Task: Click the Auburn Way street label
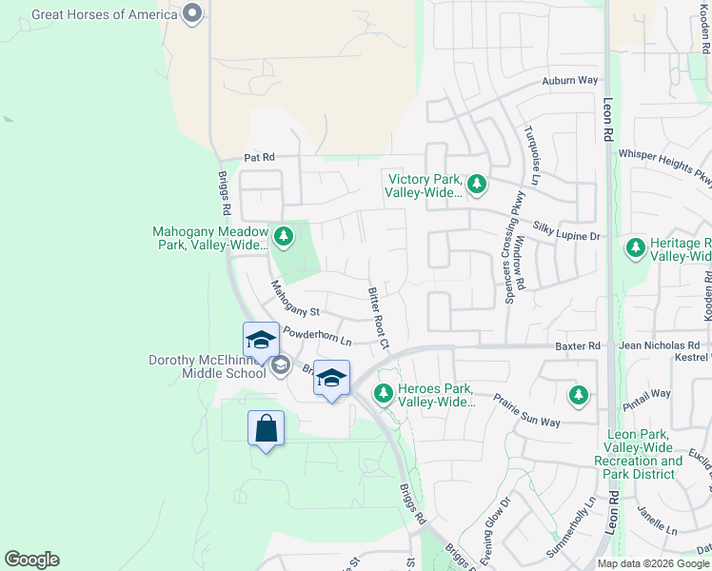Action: pyautogui.click(x=570, y=82)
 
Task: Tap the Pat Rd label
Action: pyautogui.click(x=259, y=157)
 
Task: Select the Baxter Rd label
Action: pyautogui.click(x=579, y=345)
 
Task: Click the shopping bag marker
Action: pyautogui.click(x=266, y=429)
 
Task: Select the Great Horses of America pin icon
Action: pyautogui.click(x=193, y=14)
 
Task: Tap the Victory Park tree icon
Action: pyautogui.click(x=476, y=184)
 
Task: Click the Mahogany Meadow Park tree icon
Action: pyautogui.click(x=282, y=236)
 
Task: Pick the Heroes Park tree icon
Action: pyautogui.click(x=384, y=393)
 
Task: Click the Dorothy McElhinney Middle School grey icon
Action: pyautogui.click(x=280, y=365)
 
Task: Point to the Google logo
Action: pyautogui.click(x=31, y=560)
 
